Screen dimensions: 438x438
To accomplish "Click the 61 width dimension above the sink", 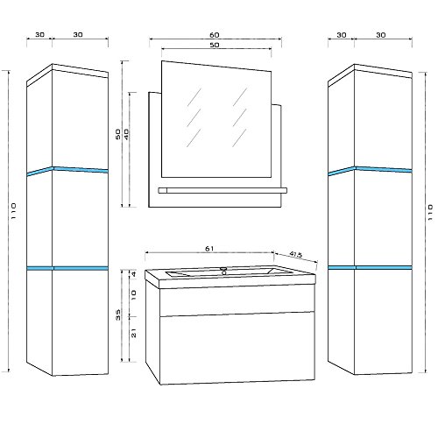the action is (x=209, y=249).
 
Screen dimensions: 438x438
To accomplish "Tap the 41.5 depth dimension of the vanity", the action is (x=296, y=255).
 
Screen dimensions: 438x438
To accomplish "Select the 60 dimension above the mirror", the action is (x=215, y=35).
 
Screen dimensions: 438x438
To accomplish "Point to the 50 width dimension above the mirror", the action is (x=215, y=45).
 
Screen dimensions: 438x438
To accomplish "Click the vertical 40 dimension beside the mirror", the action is (x=126, y=134).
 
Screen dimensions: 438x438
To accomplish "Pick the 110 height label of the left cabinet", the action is (x=13, y=211).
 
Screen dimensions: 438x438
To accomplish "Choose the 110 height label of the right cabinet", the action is (x=430, y=212).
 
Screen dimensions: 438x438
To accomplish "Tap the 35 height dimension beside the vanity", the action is (x=118, y=315).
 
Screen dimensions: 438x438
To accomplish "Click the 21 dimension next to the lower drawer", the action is (x=134, y=333).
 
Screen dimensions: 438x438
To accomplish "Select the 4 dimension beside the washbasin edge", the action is (x=133, y=274).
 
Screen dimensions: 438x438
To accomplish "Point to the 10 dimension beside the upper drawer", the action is (x=133, y=295).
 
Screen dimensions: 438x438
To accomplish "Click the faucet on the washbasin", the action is (x=224, y=271).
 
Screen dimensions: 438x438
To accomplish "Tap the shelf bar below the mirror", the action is (x=223, y=191).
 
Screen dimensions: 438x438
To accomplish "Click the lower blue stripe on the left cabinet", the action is (x=67, y=268).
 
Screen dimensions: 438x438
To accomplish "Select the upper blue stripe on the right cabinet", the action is (x=370, y=171).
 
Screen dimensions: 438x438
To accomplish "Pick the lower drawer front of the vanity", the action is (x=237, y=349).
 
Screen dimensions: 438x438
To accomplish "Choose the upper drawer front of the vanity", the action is (x=237, y=300).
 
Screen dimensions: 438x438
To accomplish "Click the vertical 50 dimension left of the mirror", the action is (x=118, y=134).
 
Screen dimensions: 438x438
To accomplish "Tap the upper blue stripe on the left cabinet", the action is (x=67, y=171).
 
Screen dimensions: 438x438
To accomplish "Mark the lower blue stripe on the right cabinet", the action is (x=370, y=267).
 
